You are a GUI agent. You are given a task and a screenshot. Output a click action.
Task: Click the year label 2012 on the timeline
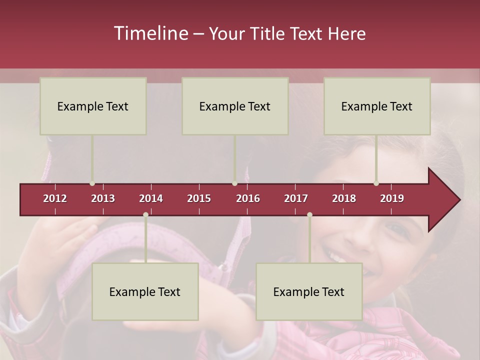55,198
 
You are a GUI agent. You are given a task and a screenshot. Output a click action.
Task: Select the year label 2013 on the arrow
103,198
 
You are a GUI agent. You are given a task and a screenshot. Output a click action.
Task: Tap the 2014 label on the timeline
151,198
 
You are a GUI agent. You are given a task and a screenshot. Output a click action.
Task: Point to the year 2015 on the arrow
199,198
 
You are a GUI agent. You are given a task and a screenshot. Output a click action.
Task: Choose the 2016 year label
248,198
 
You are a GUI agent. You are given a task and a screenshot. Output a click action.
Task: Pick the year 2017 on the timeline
296,198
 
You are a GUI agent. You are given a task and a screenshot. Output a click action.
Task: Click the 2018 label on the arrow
344,198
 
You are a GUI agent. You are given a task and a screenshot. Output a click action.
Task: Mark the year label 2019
392,198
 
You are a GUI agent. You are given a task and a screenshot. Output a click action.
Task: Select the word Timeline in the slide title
150,33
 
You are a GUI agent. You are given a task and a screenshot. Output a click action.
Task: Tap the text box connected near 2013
93,106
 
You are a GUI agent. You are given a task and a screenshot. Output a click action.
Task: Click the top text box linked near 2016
235,106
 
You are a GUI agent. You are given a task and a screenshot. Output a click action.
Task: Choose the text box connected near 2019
377,106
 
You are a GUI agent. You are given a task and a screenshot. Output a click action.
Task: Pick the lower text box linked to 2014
145,291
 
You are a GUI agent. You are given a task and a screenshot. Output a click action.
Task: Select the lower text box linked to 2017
309,291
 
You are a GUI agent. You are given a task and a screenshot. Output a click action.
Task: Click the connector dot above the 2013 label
92,183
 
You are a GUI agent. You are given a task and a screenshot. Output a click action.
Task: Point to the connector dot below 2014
145,214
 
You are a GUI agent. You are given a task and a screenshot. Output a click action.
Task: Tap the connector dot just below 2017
309,214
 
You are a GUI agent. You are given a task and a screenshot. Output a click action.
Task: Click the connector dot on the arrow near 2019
376,183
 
